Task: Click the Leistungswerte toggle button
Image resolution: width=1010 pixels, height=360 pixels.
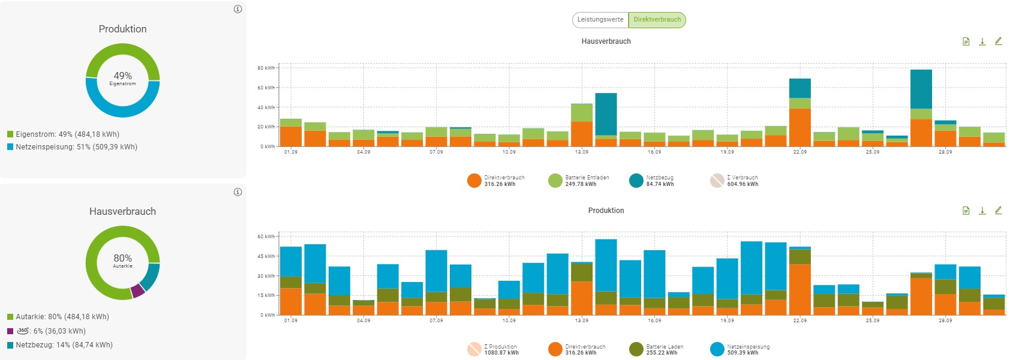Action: pos(600,20)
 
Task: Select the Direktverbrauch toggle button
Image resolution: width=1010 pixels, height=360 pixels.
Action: pos(657,20)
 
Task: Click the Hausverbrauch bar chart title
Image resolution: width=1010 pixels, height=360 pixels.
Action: pos(606,41)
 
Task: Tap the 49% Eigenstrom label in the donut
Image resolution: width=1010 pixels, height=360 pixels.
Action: pos(123,78)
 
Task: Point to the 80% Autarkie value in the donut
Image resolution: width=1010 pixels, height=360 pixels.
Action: pos(123,260)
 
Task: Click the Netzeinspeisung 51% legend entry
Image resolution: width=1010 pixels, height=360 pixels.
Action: pos(72,147)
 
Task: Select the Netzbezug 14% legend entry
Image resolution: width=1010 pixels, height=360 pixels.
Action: pos(60,345)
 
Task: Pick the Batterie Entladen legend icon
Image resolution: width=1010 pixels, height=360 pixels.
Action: pos(555,181)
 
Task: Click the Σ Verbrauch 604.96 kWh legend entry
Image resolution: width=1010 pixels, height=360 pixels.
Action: pos(734,181)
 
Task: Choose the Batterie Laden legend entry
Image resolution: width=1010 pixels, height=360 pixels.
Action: pos(656,350)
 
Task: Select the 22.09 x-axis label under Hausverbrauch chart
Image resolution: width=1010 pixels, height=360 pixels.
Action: pos(799,152)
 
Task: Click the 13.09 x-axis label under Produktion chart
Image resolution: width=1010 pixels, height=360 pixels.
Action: pos(581,321)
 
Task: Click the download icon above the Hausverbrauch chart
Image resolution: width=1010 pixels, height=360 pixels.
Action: pos(982,41)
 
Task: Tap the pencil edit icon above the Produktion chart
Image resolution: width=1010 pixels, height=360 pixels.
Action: pos(998,211)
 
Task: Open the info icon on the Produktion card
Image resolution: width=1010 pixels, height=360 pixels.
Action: pos(238,9)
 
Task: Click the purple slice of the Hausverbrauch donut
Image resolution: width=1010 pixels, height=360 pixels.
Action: pos(138,291)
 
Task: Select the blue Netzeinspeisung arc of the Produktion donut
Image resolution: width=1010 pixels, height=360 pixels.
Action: pos(123,112)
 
